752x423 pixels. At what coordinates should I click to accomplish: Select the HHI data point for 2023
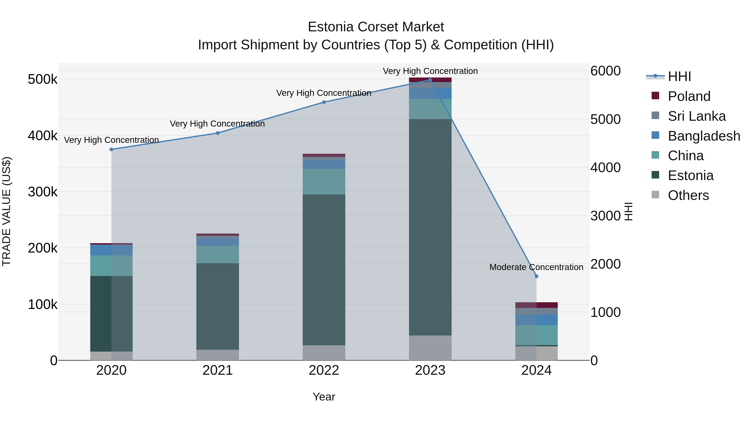pos(430,80)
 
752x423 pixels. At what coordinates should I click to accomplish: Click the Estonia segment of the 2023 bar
pos(430,227)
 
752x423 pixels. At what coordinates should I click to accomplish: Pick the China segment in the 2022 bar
pos(324,182)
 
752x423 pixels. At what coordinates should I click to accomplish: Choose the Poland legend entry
pos(689,96)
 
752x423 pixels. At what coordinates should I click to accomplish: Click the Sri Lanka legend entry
pos(696,116)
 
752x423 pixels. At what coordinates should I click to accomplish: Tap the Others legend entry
pos(688,195)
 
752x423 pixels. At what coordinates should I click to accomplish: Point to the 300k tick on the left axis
pos(43,192)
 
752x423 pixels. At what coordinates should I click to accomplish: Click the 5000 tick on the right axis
pos(605,119)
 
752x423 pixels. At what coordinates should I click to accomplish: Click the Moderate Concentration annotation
pos(536,267)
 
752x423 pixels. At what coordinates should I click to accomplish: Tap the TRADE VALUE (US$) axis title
pos(6,211)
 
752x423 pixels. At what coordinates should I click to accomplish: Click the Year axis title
pos(324,397)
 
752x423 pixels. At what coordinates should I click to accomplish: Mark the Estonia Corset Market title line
pos(376,27)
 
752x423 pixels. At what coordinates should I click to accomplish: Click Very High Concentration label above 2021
pos(217,124)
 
